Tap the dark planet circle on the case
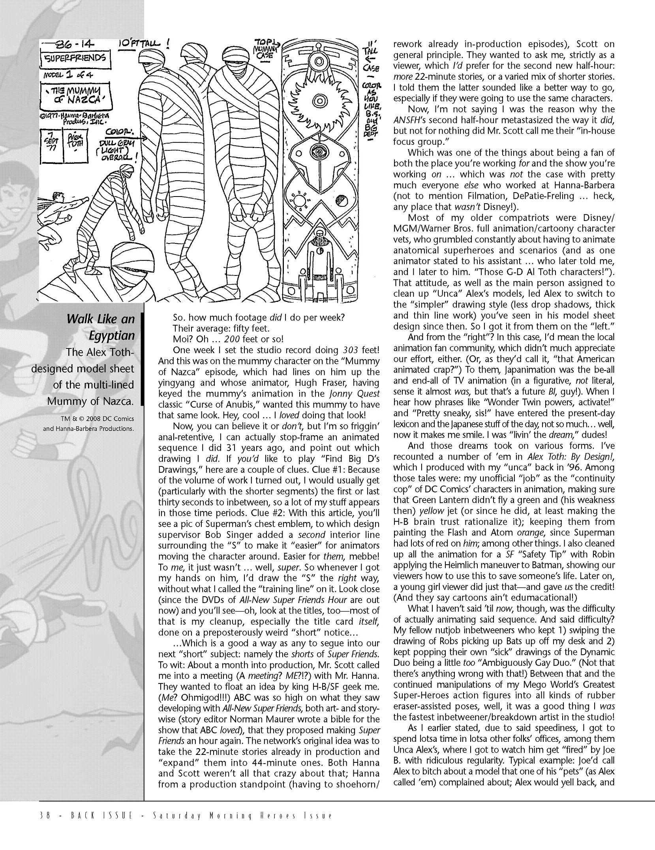tap(339, 202)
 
